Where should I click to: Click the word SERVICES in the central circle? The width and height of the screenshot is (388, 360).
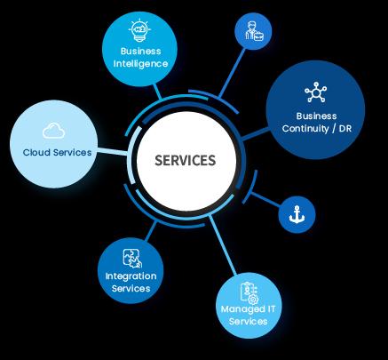point(186,160)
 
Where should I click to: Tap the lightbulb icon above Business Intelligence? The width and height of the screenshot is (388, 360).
point(139,30)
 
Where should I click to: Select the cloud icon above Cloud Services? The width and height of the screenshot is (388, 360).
point(53,131)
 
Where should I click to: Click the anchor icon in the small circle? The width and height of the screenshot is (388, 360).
point(297,214)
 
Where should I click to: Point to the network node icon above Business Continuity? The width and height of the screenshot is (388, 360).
point(316,92)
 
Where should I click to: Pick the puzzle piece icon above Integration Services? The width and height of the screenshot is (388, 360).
point(132,258)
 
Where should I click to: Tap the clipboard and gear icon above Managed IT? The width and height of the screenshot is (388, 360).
point(249,293)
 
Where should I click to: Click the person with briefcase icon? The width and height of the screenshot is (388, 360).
point(254,32)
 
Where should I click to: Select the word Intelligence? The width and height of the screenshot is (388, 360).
point(140,64)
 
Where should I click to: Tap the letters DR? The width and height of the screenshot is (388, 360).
point(345,129)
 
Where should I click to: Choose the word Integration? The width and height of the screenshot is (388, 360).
point(131,276)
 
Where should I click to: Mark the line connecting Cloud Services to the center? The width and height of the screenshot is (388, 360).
point(113,151)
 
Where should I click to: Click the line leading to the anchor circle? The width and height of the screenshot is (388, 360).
point(265,199)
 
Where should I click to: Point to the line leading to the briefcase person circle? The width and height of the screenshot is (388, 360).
point(232,73)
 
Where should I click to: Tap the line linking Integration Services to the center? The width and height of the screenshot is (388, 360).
point(151,231)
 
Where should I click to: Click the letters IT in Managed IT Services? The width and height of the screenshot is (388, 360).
point(271,309)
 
